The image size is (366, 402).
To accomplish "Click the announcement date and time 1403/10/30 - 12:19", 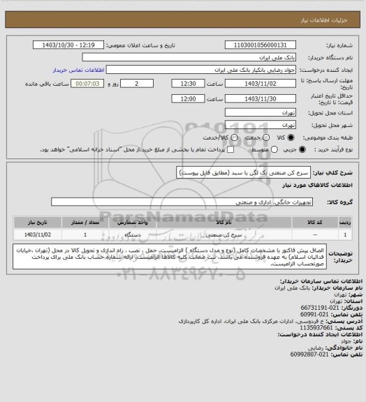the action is click(78, 45).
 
